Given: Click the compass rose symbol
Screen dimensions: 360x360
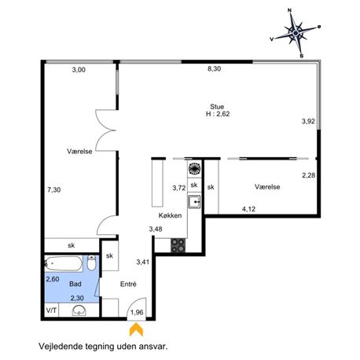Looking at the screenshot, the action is click(x=296, y=33).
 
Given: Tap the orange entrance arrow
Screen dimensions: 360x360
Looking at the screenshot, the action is click(x=136, y=330).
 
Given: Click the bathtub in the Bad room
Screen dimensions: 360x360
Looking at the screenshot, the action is click(x=64, y=263).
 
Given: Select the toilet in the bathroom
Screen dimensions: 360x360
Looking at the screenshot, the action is click(x=91, y=263).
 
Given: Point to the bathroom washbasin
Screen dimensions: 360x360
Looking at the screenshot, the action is click(x=79, y=310).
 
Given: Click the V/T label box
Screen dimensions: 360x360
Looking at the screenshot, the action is click(x=52, y=310).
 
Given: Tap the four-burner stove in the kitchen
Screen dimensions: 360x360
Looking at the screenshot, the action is click(x=178, y=245).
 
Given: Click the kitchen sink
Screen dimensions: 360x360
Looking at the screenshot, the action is click(x=194, y=201).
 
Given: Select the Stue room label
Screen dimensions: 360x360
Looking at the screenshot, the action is click(x=217, y=107).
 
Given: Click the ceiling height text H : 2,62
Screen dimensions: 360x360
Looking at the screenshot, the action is click(x=218, y=114).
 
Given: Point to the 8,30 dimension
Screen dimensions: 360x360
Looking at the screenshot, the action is click(x=214, y=68).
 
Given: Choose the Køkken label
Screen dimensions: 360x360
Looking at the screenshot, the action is click(x=170, y=215).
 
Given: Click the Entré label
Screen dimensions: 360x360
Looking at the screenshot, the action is click(x=128, y=284).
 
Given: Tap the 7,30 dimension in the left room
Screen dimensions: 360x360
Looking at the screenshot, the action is click(x=54, y=189).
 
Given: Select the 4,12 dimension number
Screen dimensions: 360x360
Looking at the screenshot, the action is click(x=248, y=209).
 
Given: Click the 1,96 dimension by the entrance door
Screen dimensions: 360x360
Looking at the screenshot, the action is click(x=137, y=312).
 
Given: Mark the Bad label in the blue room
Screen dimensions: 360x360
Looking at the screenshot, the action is click(x=75, y=284).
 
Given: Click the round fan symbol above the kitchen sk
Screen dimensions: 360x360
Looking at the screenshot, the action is click(x=194, y=168).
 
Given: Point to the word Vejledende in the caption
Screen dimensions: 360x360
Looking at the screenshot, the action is click(x=61, y=347).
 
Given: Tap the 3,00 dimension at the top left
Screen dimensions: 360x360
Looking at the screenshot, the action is click(x=79, y=70).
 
